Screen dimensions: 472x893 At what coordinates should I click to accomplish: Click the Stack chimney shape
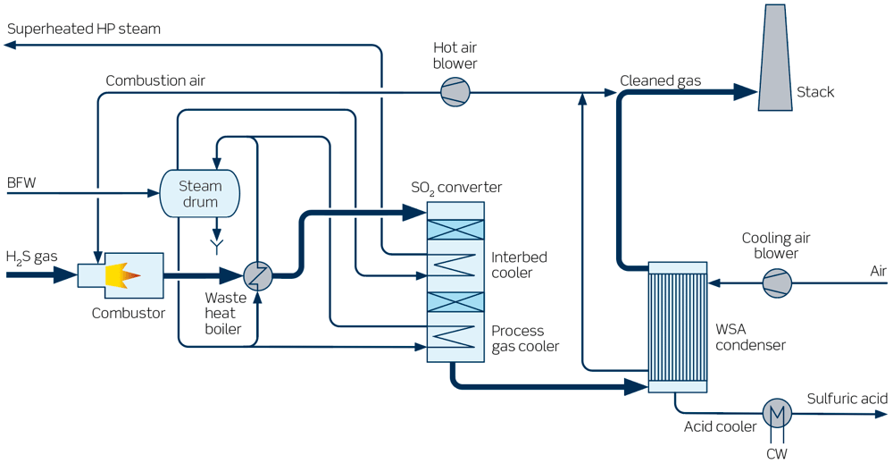pos(776,63)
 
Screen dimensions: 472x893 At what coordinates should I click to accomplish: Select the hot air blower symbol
pos(455,92)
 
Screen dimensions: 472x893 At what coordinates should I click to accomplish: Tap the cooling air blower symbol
pos(776,284)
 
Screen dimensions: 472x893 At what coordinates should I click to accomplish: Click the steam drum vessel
pos(199,193)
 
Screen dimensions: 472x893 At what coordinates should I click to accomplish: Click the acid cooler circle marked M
pos(776,413)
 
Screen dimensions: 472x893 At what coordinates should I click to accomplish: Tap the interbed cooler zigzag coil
pos(455,264)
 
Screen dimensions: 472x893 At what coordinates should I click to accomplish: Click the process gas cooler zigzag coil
pos(455,337)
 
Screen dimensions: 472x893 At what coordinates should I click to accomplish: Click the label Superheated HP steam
pos(84,29)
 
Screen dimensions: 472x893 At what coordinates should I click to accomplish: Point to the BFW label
pos(21,183)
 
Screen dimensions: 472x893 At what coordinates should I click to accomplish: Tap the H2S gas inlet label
pos(31,257)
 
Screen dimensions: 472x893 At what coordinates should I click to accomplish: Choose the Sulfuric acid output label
pos(847,399)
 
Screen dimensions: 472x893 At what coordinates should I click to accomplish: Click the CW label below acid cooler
pos(776,455)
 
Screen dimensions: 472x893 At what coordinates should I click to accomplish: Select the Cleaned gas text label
pos(660,81)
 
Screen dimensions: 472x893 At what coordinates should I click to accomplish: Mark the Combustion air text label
pos(155,81)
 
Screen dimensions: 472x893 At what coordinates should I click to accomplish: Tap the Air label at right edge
pos(879,271)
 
